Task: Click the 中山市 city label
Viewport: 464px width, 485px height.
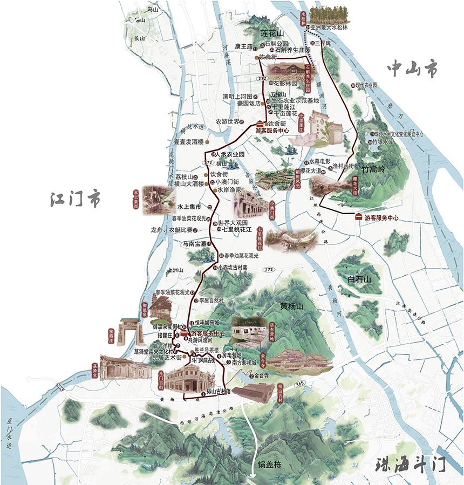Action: [x=414, y=69]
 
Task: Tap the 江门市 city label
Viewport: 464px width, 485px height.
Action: [x=74, y=199]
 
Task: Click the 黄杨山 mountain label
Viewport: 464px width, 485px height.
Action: [x=292, y=306]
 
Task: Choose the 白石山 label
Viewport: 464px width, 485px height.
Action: [x=360, y=279]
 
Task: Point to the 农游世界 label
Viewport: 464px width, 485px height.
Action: [x=227, y=121]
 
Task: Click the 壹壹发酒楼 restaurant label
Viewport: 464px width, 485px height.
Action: [x=188, y=142]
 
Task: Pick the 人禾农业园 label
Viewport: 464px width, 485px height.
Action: [x=230, y=154]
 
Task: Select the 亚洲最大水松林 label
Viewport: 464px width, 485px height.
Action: [x=331, y=27]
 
